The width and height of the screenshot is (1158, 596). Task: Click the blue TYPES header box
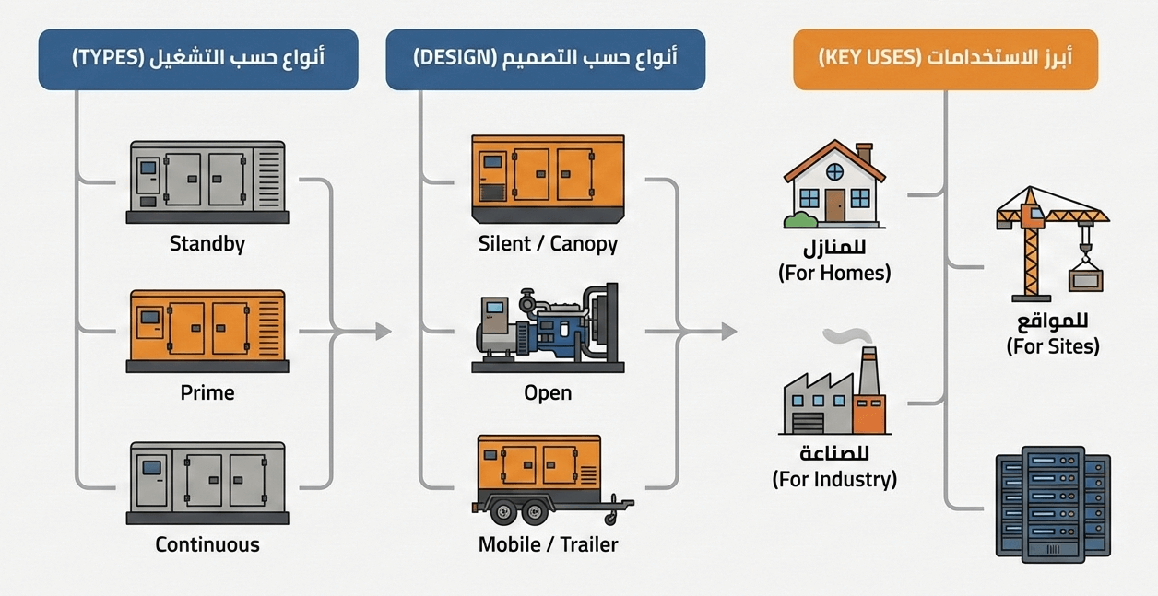coord(198,59)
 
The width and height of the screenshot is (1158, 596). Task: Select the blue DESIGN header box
coord(546,59)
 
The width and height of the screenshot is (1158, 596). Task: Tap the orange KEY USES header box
coord(945,59)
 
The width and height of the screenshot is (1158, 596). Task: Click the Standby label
coord(207,244)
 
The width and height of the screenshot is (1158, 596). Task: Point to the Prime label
coord(207,392)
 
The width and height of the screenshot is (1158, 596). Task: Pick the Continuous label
coord(207,543)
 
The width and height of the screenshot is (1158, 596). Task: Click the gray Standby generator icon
coord(207,181)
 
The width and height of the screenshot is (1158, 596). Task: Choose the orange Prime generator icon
coord(207,330)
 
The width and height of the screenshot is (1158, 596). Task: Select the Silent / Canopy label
coord(548,244)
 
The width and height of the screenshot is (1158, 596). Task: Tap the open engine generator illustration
coord(548,327)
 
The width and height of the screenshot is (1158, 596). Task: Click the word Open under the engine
coord(548,392)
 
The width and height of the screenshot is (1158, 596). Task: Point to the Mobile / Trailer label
coord(548,543)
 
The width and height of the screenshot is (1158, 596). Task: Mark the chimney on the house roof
coord(864,153)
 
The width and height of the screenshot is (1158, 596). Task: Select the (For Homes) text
coord(834,274)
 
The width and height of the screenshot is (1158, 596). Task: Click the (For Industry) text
coord(834,480)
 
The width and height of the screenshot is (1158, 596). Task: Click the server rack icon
coord(1053,506)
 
